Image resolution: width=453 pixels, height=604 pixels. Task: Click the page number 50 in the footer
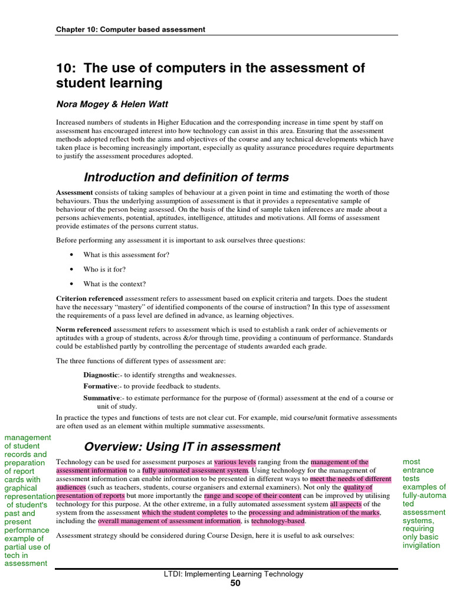(235, 583)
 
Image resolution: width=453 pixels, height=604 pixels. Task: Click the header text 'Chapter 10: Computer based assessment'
(130, 29)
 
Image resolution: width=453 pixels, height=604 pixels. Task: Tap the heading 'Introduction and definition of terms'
(186, 177)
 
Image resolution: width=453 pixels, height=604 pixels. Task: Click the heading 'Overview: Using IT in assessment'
(182, 447)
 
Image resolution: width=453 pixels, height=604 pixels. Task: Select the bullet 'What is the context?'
(114, 284)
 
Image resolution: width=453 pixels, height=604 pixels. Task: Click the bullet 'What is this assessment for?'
(126, 255)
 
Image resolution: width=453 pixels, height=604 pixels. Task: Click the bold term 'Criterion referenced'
(90, 298)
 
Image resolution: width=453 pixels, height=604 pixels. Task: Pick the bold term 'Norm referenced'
(83, 329)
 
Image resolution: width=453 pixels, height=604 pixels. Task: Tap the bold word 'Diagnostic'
(100, 375)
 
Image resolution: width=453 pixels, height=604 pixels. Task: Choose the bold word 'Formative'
(100, 386)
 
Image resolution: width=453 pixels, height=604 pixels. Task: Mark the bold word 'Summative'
(101, 398)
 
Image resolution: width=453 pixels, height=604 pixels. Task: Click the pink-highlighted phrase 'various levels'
(235, 462)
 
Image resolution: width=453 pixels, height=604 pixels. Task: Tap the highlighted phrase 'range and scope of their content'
(252, 496)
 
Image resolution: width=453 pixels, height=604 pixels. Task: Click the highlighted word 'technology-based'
(278, 521)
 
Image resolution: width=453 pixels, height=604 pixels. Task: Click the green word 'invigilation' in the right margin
(421, 545)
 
